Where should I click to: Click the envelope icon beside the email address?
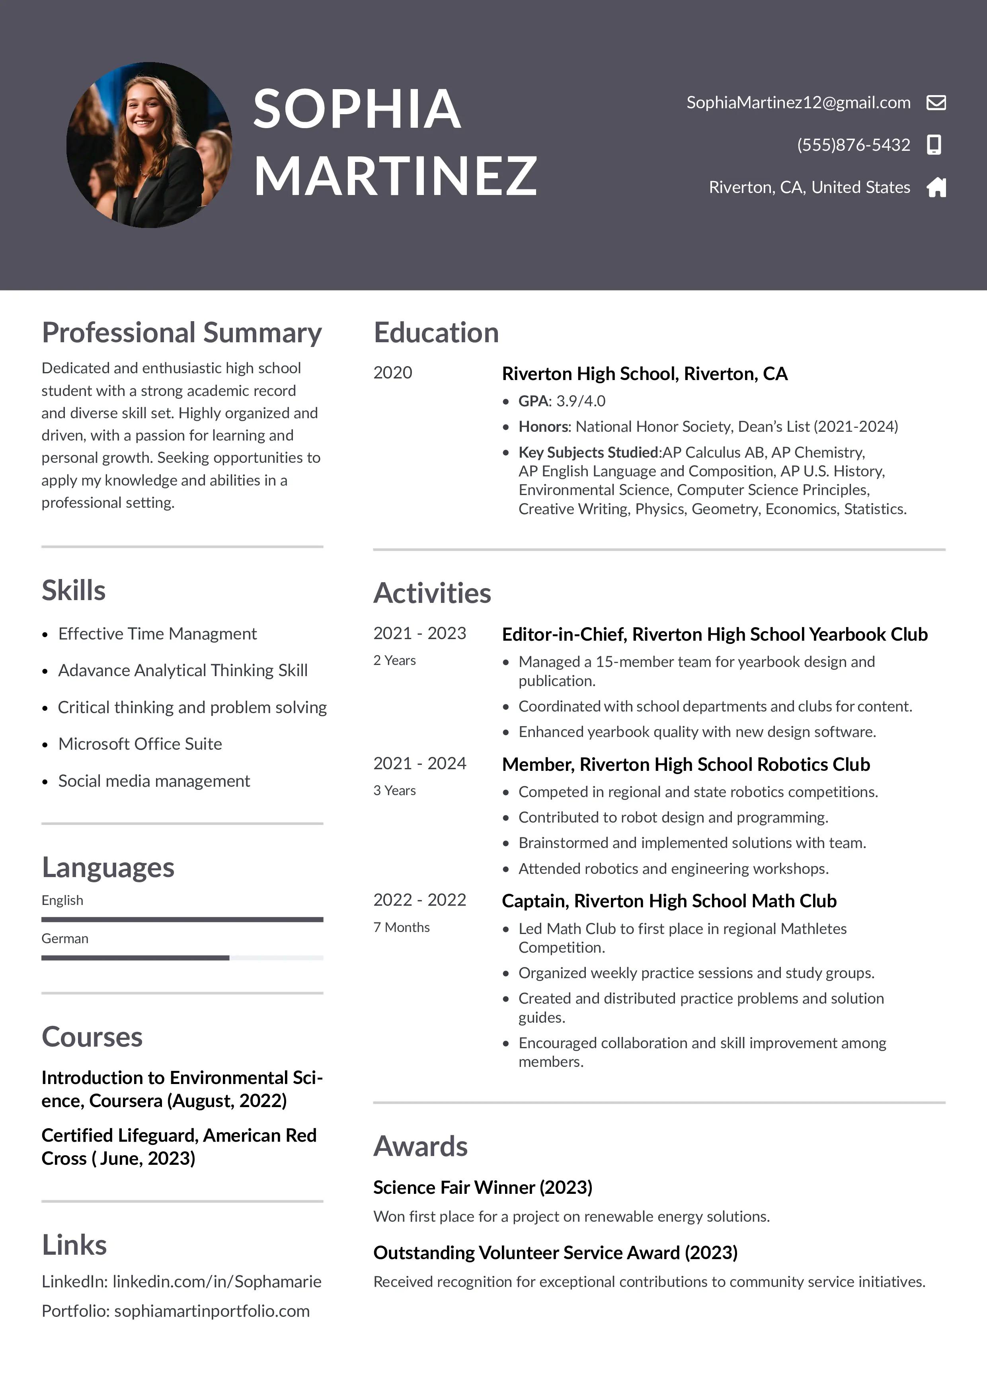tap(936, 102)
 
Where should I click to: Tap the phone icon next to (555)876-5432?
tap(934, 145)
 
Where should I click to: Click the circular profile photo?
tap(149, 145)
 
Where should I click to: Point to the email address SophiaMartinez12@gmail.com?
tap(798, 103)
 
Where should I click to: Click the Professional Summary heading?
tap(181, 333)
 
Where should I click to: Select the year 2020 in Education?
tap(392, 373)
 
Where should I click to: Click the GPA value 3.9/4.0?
tap(581, 401)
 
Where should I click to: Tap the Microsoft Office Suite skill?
tap(140, 744)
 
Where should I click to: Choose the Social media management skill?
tap(154, 781)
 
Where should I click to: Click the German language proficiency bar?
tap(182, 957)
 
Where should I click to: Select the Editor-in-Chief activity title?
tap(714, 634)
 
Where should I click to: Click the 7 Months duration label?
tap(402, 927)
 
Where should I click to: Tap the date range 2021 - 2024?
tap(419, 764)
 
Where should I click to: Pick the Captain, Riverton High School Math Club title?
tap(669, 901)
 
